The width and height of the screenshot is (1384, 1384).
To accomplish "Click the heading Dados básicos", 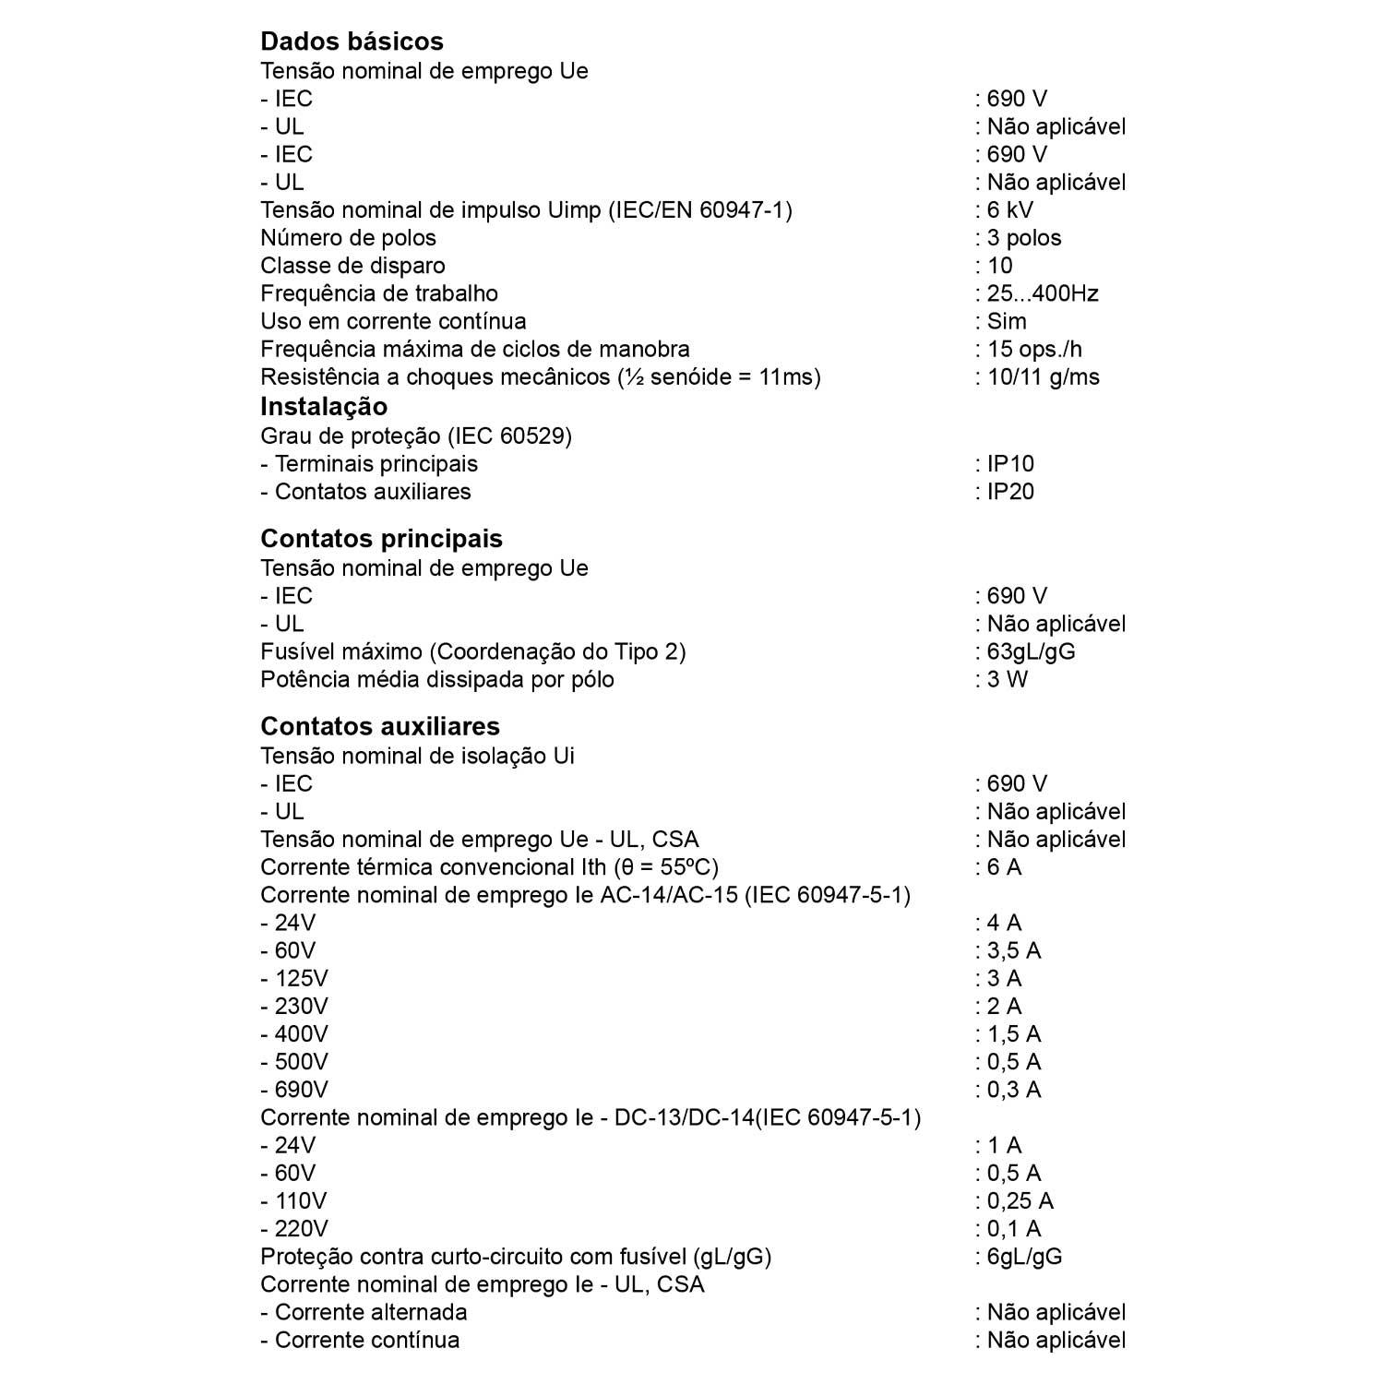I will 352,42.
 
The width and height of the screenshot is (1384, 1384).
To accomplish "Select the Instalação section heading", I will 324,407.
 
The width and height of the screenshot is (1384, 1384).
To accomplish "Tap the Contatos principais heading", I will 381,539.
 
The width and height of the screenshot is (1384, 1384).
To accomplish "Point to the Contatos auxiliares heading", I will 380,726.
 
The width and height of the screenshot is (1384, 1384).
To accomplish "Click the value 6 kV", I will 1009,210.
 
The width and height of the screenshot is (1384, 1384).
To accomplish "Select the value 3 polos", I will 1023,238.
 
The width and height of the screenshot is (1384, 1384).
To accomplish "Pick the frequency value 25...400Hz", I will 1042,293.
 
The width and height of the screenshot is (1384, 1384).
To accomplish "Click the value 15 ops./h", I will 1033,349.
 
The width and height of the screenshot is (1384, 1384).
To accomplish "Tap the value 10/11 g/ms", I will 1043,376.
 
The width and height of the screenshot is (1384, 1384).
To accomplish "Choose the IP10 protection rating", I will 1010,464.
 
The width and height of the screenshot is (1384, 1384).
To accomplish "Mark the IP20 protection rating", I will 1010,492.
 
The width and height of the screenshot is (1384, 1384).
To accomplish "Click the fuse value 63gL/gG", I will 1031,651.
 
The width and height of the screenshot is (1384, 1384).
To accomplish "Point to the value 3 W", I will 1007,679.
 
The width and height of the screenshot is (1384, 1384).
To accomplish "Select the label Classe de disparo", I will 352,266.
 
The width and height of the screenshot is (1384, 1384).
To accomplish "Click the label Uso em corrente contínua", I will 394,321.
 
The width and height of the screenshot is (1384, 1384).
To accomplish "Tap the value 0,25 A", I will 1020,1200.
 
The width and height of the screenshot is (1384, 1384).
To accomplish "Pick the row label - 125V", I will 294,978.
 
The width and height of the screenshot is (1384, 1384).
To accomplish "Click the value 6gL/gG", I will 1024,1256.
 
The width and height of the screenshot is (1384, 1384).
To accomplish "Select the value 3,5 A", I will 1013,950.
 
